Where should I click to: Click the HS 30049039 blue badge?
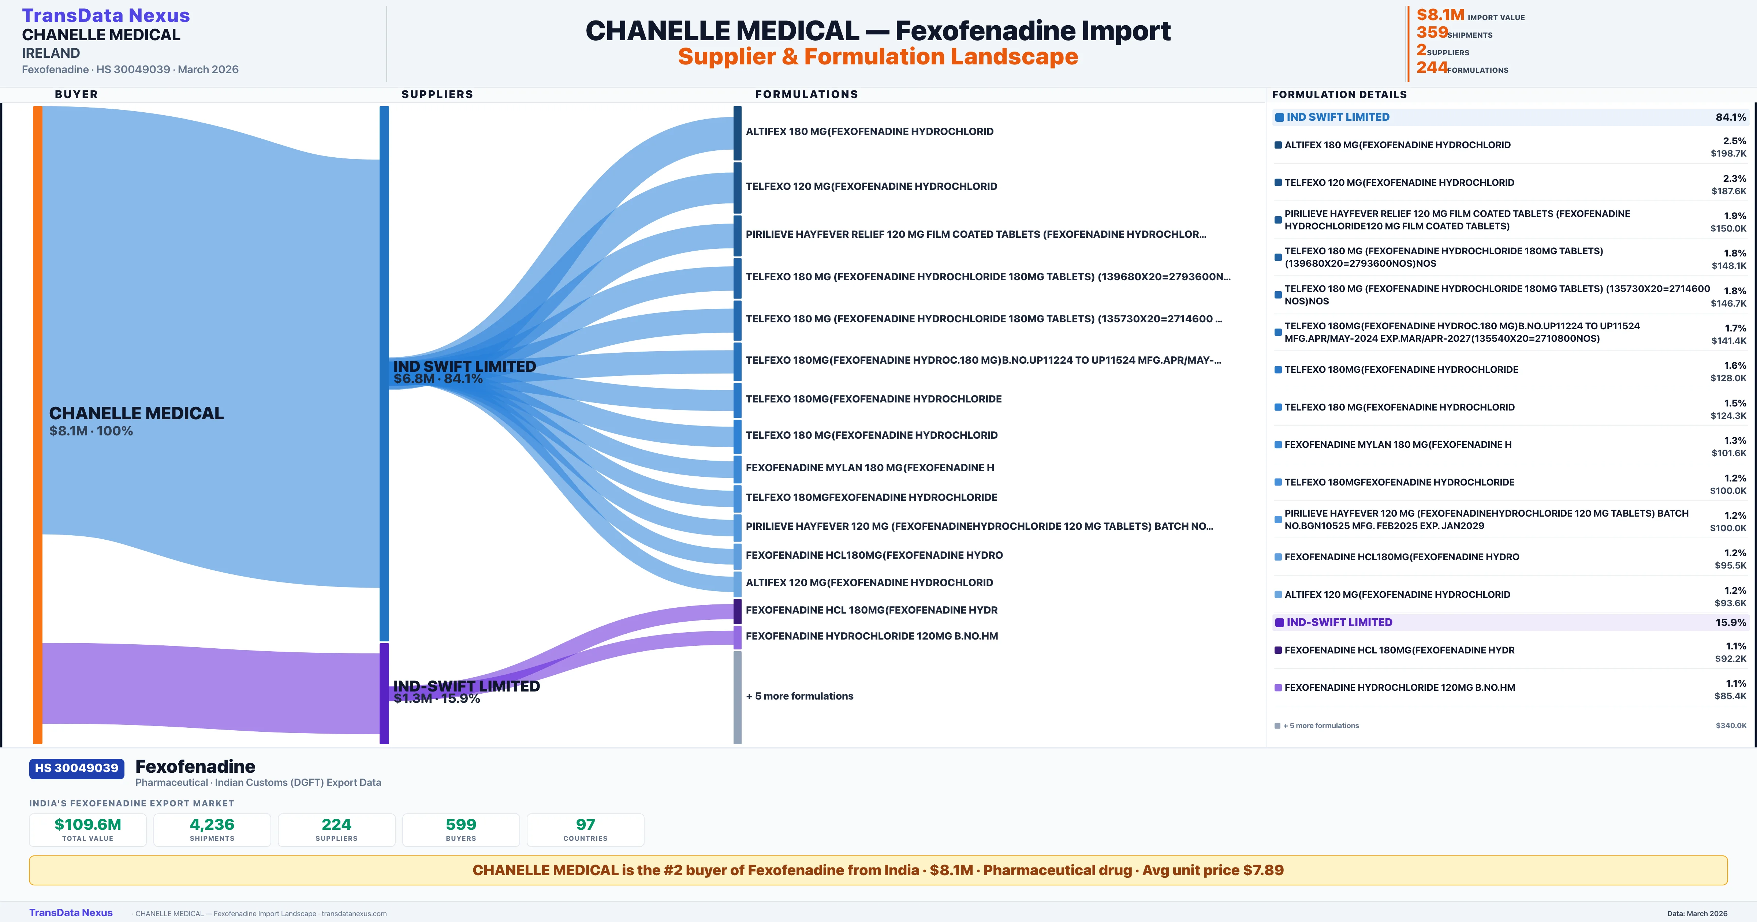tap(77, 769)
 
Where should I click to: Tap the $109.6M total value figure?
tap(87, 824)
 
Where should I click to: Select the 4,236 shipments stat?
tap(212, 824)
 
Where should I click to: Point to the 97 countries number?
tap(585, 824)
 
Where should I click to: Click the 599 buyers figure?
tap(461, 824)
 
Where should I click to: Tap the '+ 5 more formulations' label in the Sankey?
tap(799, 696)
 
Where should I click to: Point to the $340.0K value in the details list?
tap(1730, 726)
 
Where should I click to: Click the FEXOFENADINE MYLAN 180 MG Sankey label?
tap(870, 468)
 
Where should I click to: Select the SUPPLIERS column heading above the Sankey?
tap(437, 94)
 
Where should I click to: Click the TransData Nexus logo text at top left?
tap(106, 16)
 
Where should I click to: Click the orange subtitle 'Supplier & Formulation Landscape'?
tap(878, 57)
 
